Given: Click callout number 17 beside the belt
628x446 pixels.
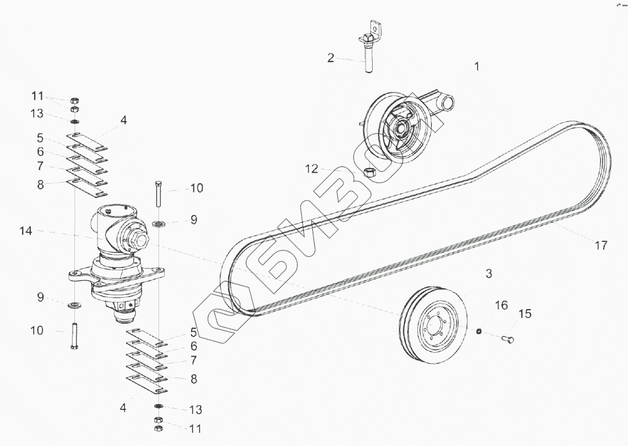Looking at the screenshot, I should (x=601, y=245).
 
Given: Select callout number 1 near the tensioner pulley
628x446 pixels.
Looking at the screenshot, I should (x=477, y=67).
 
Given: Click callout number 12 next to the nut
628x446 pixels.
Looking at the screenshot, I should (x=312, y=169).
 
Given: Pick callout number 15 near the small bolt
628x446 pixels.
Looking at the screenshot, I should (x=524, y=314).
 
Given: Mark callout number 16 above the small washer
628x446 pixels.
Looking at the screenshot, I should (x=501, y=306).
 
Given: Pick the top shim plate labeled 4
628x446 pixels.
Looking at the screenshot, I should (x=87, y=139).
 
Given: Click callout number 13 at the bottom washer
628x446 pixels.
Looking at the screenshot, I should (x=196, y=410).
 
